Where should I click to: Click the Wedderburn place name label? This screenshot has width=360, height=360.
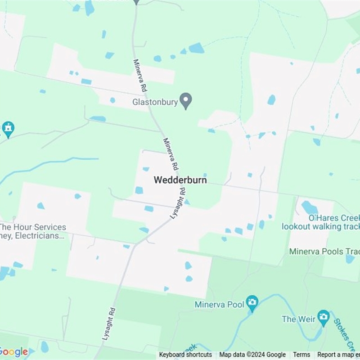180,180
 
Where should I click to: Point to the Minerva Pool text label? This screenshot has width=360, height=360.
220,305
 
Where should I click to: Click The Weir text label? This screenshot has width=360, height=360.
295,319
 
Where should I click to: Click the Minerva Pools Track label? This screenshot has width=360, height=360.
324,252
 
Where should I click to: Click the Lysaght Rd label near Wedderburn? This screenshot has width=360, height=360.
178,203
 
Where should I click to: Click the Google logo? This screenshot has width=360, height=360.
13,351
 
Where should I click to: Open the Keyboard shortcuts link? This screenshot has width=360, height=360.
185,355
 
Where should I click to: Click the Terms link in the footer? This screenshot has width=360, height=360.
301,355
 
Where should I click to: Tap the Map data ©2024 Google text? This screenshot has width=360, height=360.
252,355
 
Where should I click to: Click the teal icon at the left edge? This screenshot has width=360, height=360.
7,129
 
